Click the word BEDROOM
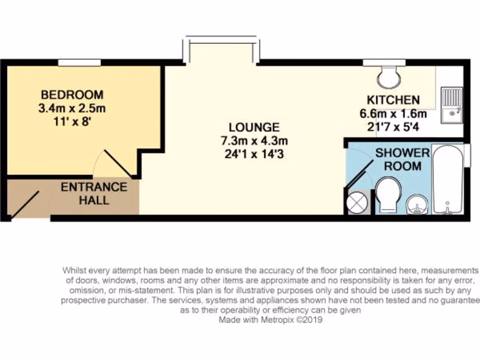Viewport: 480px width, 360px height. pyautogui.click(x=72, y=94)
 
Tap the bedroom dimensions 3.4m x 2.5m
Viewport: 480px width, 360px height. pyautogui.click(x=72, y=109)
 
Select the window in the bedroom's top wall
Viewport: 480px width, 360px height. pyautogui.click(x=79, y=62)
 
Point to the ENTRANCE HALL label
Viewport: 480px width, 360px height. pyautogui.click(x=94, y=193)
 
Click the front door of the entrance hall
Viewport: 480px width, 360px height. pyautogui.click(x=25, y=205)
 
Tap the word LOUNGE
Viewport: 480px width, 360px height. pyautogui.click(x=254, y=127)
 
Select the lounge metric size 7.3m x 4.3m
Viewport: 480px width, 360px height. pyautogui.click(x=254, y=141)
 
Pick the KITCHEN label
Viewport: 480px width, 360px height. pyautogui.click(x=393, y=100)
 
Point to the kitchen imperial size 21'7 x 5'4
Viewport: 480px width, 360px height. pyautogui.click(x=393, y=126)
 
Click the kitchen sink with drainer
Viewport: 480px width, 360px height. pyautogui.click(x=452, y=104)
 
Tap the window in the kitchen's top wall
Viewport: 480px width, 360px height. pyautogui.click(x=384, y=62)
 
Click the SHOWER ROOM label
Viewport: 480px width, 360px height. pyautogui.click(x=402, y=159)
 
